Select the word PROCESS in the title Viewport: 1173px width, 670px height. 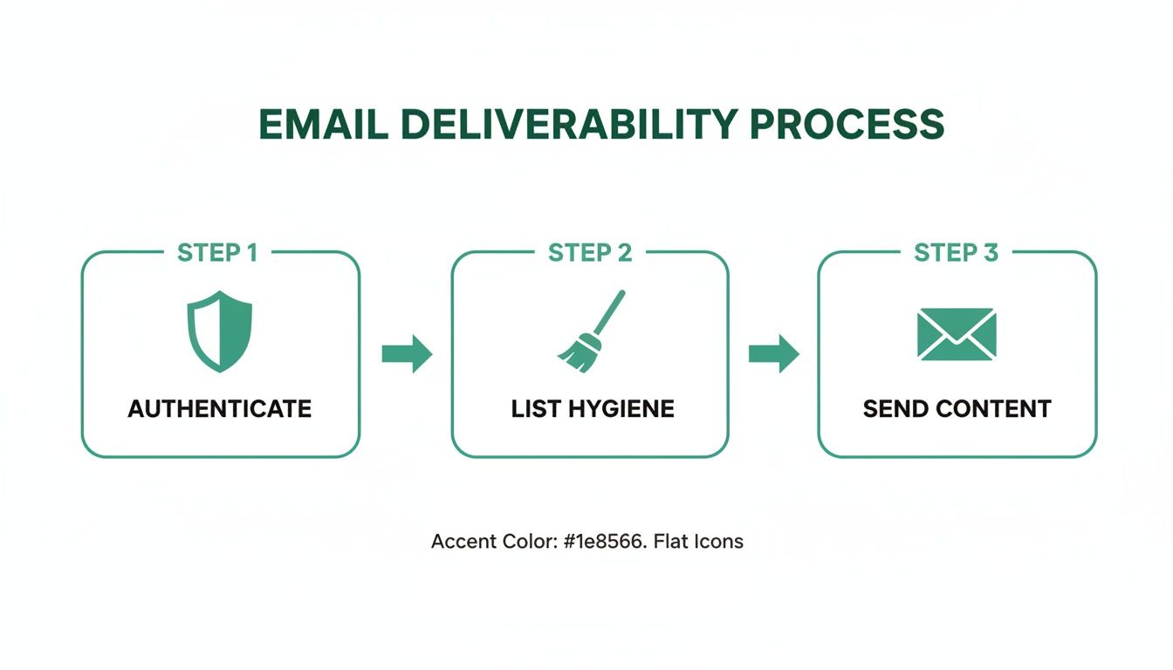847,125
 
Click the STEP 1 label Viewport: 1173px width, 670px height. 217,253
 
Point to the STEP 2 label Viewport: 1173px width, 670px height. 589,253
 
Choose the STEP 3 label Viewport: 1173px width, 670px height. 956,253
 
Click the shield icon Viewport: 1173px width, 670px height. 220,332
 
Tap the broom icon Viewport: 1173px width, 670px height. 592,331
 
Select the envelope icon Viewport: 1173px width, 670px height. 957,334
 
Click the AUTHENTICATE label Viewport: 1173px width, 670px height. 220,408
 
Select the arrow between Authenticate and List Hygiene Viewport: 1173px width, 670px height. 407,353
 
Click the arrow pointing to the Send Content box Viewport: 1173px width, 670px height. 774,353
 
